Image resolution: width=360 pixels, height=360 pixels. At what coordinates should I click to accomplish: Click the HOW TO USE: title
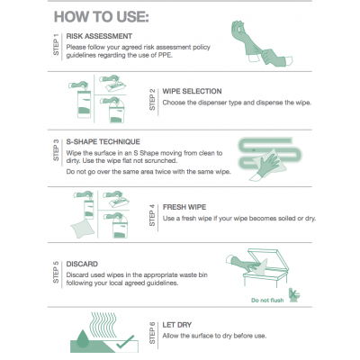pyautogui.click(x=102, y=17)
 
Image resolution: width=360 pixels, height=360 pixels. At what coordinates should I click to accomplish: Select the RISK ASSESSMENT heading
pyautogui.click(x=99, y=36)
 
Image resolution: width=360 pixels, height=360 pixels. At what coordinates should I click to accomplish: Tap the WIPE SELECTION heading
pyautogui.click(x=192, y=91)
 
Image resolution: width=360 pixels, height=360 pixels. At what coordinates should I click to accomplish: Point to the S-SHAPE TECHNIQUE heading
pyautogui.click(x=103, y=141)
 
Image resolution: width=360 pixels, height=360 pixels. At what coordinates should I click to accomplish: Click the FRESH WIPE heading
pyautogui.click(x=184, y=207)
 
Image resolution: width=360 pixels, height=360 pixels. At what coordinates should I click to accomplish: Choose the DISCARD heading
pyautogui.click(x=82, y=264)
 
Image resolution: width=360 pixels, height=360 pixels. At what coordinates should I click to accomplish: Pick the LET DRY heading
pyautogui.click(x=177, y=325)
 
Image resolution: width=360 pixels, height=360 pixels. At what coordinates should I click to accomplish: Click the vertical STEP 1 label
pyautogui.click(x=56, y=45)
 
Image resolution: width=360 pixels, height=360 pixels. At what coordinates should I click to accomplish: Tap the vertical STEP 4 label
pyautogui.click(x=152, y=215)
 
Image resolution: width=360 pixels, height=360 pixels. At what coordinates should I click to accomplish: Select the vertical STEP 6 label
pyautogui.click(x=152, y=333)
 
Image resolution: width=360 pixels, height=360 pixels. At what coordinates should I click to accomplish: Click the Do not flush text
pyautogui.click(x=267, y=301)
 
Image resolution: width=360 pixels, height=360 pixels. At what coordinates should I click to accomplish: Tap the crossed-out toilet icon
pyautogui.click(x=294, y=295)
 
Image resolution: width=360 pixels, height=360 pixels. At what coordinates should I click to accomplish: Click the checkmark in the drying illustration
pyautogui.click(x=125, y=342)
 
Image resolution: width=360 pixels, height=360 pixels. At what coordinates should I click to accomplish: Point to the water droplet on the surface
pyautogui.click(x=82, y=338)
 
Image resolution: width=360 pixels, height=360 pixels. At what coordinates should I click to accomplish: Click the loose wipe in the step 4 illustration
pyautogui.click(x=82, y=229)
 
